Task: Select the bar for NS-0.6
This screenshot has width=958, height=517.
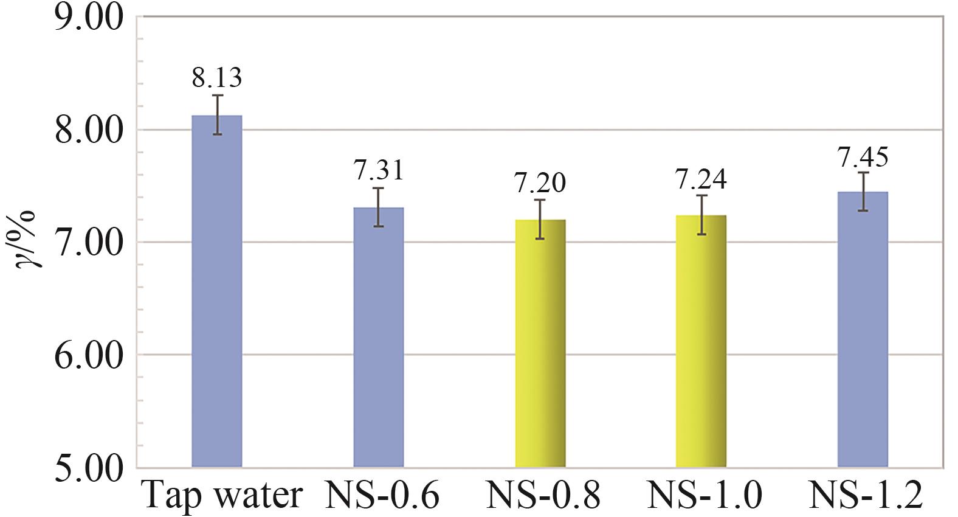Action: [379, 337]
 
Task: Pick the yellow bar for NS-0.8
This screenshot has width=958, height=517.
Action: [540, 343]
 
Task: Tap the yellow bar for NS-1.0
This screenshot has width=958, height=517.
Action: [701, 341]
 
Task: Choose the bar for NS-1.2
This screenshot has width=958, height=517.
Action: [863, 329]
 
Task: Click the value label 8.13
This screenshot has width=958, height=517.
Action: [217, 78]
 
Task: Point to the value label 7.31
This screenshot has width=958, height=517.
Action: [379, 170]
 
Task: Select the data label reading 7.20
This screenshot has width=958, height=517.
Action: [540, 182]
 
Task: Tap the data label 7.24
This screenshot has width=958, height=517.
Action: [701, 179]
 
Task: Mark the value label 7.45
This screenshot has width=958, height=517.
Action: [863, 157]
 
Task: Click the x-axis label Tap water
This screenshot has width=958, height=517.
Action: [222, 496]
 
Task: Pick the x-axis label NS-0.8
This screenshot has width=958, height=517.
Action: [543, 496]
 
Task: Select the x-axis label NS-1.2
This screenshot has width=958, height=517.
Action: [866, 496]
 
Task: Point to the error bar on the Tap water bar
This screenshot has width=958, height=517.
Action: [218, 114]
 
